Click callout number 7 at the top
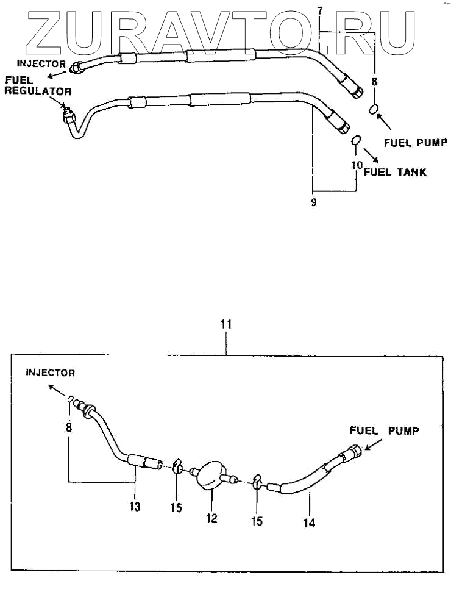[320, 10]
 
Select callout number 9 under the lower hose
[313, 202]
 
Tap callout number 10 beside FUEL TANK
[357, 165]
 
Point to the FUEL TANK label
[395, 172]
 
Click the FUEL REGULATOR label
[38, 86]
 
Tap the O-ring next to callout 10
[358, 141]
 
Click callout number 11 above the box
[225, 324]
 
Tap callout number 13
[135, 506]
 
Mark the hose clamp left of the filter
[177, 467]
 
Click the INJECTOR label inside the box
[50, 372]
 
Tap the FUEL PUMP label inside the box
[384, 430]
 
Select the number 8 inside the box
[69, 428]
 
